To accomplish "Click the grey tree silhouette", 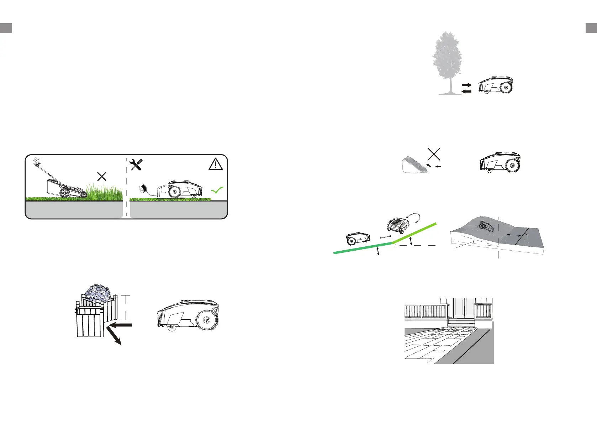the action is [447, 61].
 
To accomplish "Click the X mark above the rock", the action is [434, 154].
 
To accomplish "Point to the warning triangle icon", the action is [216, 164].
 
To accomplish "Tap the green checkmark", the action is [217, 190].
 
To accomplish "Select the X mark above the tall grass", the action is [102, 176].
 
